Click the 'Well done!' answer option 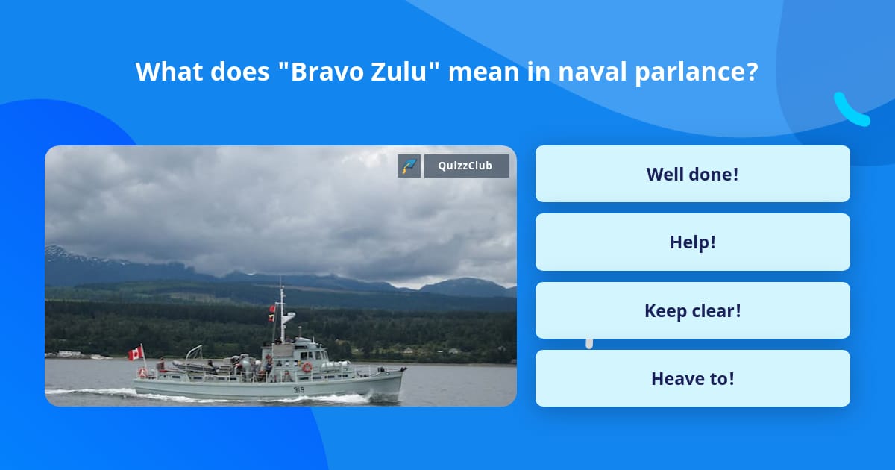pyautogui.click(x=692, y=174)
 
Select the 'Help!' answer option pyautogui.click(x=692, y=242)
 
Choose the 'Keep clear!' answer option pyautogui.click(x=692, y=310)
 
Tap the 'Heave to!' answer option pyautogui.click(x=692, y=378)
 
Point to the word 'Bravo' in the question pyautogui.click(x=324, y=72)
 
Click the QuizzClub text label pyautogui.click(x=465, y=166)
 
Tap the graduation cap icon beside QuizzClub pyautogui.click(x=409, y=166)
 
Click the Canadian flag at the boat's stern pyautogui.click(x=135, y=353)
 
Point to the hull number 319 pyautogui.click(x=298, y=389)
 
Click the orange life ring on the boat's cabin pyautogui.click(x=307, y=367)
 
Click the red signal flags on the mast pyautogui.click(x=271, y=313)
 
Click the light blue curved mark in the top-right pyautogui.click(x=851, y=110)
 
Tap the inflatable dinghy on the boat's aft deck pyautogui.click(x=190, y=366)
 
